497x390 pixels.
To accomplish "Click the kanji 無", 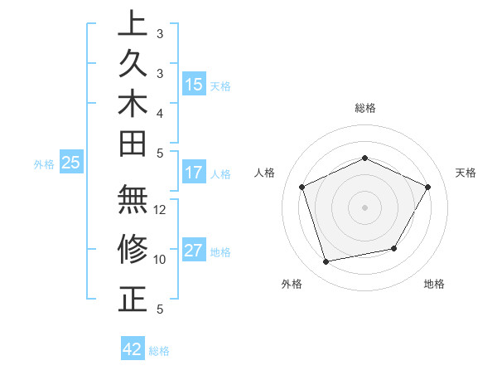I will (x=132, y=201).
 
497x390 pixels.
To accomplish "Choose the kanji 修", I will (x=132, y=250).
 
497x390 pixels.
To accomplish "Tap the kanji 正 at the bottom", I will (x=132, y=299).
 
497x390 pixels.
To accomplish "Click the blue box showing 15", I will (x=194, y=84).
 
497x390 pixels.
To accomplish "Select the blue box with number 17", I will (x=194, y=173).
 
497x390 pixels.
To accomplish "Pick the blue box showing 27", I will (x=194, y=251).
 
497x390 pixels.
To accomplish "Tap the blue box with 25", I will (x=71, y=163).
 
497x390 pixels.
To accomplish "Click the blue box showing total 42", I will (x=133, y=349).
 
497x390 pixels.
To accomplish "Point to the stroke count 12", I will (x=160, y=210).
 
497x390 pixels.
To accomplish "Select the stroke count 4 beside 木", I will (x=159, y=112).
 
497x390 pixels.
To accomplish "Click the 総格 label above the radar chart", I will (x=365, y=108).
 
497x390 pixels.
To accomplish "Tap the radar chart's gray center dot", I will (x=364, y=207).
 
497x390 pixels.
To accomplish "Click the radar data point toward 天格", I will (x=428, y=187).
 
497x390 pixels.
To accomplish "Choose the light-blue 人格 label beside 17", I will (x=220, y=174).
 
